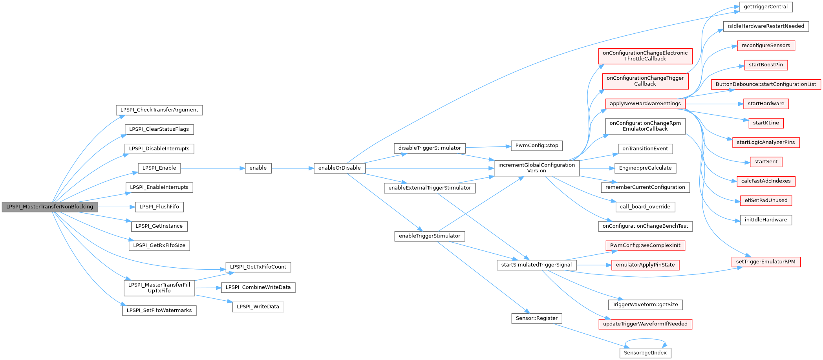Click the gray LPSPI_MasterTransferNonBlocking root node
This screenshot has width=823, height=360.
49,207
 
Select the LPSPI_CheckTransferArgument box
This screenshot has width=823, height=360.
159,110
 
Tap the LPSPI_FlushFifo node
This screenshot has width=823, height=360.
159,207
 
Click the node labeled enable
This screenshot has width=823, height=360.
258,168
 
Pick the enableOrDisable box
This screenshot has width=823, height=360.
339,168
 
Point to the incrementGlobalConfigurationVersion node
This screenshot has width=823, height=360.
536,168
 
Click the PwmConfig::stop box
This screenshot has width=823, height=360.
536,146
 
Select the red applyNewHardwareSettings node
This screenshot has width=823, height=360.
645,104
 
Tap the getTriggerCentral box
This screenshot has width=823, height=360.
766,7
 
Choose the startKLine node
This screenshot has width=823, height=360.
766,123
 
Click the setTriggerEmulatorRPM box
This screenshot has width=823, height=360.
766,262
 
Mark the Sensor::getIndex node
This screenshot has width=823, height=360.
645,353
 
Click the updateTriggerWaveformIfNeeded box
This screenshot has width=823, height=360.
645,324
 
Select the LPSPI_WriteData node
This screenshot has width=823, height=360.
258,307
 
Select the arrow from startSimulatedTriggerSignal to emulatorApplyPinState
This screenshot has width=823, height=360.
594,265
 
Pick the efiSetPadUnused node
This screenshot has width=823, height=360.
766,201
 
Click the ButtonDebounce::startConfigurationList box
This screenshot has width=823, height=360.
766,84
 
